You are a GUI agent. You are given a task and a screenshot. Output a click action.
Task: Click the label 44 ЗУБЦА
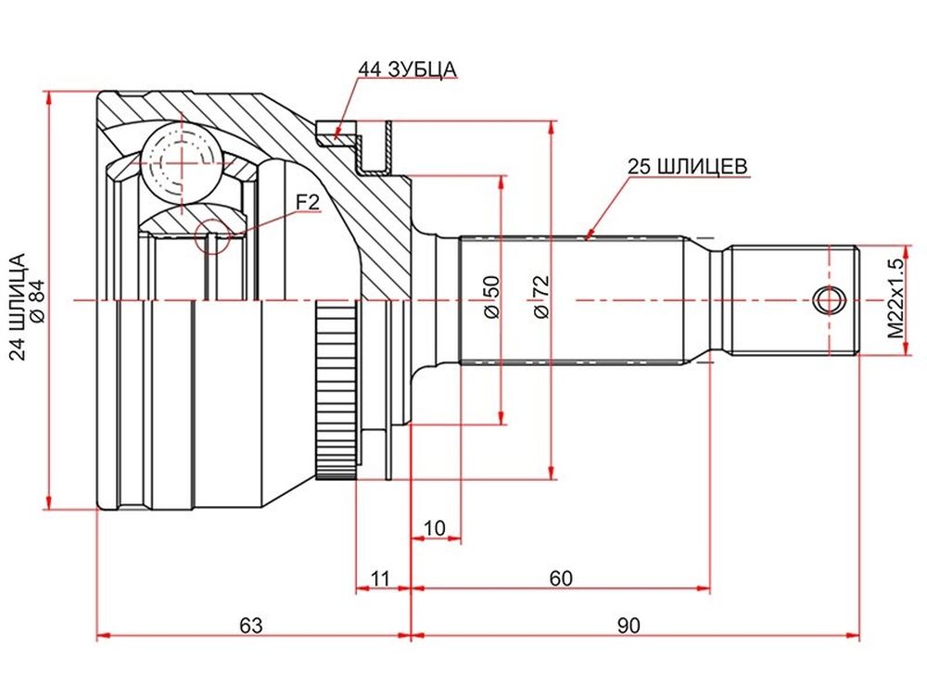pyautogui.click(x=407, y=69)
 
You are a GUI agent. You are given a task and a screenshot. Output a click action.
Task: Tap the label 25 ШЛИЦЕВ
pyautogui.click(x=688, y=166)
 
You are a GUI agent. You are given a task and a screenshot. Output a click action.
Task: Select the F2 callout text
pyautogui.click(x=307, y=203)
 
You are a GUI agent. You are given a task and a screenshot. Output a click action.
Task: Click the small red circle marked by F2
pyautogui.click(x=211, y=235)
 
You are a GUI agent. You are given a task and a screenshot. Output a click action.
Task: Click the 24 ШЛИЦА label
pyautogui.click(x=19, y=307)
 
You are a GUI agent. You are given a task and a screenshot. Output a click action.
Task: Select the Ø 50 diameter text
pyautogui.click(x=491, y=297)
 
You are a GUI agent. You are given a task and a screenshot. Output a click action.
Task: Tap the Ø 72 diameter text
pyautogui.click(x=540, y=297)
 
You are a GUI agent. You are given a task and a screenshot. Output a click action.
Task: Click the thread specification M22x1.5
pyautogui.click(x=896, y=298)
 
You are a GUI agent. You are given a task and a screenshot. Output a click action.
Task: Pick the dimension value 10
pyautogui.click(x=435, y=528)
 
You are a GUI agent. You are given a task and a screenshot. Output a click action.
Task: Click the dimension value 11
pyautogui.click(x=380, y=578)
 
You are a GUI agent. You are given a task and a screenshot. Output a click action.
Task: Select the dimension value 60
pyautogui.click(x=561, y=578)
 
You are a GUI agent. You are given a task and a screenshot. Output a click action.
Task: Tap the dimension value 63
pyautogui.click(x=250, y=625)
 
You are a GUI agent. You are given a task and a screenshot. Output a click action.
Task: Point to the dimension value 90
pyautogui.click(x=629, y=625)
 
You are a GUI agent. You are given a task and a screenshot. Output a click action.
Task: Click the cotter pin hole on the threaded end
pyautogui.click(x=829, y=300)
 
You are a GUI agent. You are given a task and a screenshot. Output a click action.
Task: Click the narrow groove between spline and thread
pyautogui.click(x=716, y=300)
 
